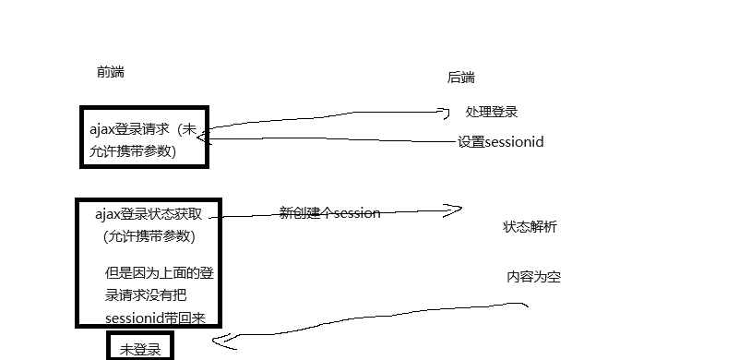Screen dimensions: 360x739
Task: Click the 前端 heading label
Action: tap(110, 72)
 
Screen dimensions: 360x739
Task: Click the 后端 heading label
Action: tap(461, 78)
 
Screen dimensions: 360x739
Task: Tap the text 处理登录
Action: tap(492, 112)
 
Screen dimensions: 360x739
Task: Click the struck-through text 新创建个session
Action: tap(329, 213)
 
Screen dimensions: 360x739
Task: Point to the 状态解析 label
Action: tap(530, 227)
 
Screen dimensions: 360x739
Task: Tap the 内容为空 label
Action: tap(533, 277)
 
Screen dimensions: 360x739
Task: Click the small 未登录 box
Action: tap(139, 349)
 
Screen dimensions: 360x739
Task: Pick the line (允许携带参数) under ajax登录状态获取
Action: tap(149, 236)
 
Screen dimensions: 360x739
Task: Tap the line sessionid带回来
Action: tap(155, 318)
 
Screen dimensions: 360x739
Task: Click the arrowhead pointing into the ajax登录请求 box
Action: tap(203, 138)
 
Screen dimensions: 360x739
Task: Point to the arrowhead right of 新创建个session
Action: tap(452, 210)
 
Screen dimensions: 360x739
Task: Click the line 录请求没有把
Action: tap(146, 296)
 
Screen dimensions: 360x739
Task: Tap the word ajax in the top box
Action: tap(101, 130)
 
